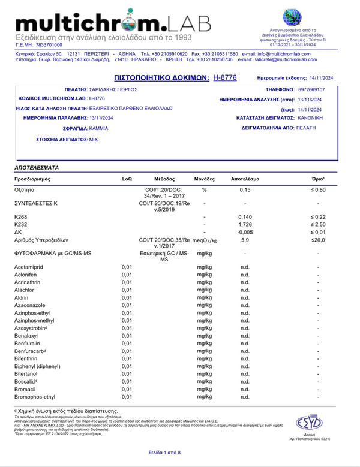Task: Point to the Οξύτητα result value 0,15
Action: [245, 190]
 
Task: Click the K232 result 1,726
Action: [245, 224]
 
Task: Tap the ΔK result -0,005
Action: [245, 232]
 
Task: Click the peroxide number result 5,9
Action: [245, 240]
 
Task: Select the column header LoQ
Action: [127, 179]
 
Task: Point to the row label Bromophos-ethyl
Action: [35, 397]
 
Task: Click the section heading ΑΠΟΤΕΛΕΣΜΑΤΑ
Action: [37, 168]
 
